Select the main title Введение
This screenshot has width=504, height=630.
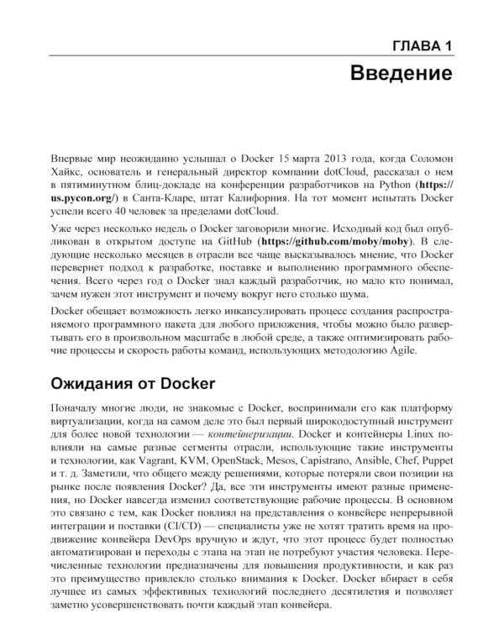coord(401,73)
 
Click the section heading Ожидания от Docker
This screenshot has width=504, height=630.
coord(134,384)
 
